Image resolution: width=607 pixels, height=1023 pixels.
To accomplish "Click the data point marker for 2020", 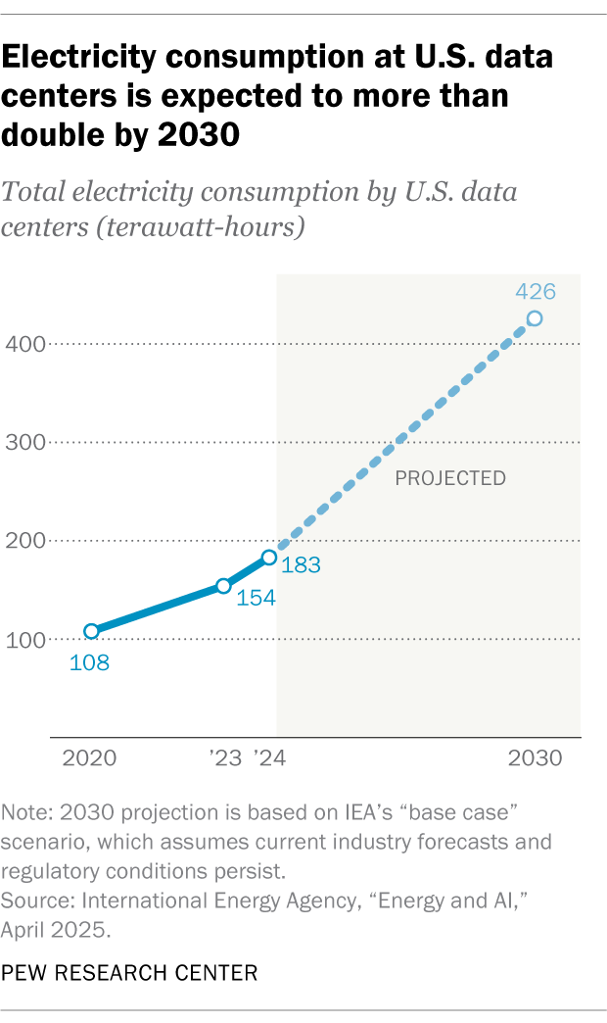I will click(x=91, y=631).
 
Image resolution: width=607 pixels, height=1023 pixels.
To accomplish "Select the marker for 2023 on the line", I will click(x=223, y=586).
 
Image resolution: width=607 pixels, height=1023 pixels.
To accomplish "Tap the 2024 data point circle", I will click(x=268, y=558).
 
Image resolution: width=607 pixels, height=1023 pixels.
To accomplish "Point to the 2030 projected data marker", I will click(x=534, y=318).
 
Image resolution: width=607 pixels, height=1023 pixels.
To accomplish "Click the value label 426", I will click(x=536, y=291).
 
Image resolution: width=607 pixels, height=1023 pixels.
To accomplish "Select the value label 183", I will click(x=302, y=565).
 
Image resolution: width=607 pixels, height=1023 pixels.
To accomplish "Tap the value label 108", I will click(x=89, y=662).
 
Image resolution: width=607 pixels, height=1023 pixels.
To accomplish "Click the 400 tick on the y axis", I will click(x=25, y=344).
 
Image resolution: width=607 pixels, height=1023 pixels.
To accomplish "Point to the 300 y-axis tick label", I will click(x=25, y=442).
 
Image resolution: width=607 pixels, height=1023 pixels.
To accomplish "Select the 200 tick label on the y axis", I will click(x=25, y=541).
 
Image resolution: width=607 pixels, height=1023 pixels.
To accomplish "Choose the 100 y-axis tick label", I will click(x=25, y=640).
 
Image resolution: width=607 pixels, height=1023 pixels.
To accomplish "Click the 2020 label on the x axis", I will click(x=89, y=758).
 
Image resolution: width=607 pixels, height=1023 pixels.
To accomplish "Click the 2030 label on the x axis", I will click(x=535, y=758).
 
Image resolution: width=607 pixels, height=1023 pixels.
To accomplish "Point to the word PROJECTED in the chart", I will click(x=449, y=479).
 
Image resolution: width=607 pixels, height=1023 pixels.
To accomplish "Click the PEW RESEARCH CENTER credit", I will click(x=129, y=973).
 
